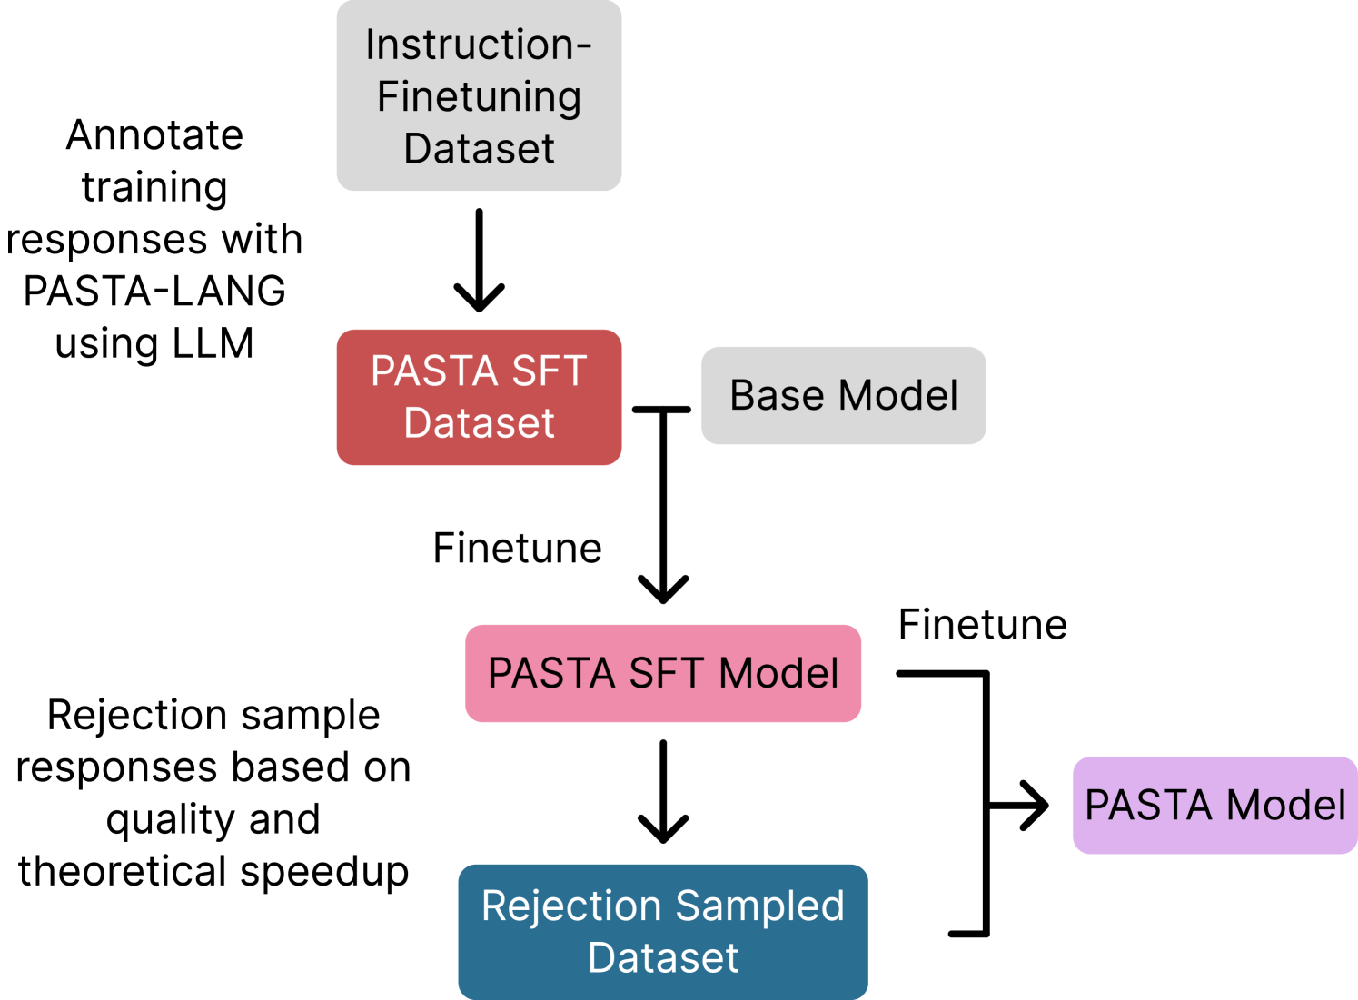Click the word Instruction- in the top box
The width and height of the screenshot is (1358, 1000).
click(479, 45)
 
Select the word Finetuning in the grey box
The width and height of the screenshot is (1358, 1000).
click(479, 97)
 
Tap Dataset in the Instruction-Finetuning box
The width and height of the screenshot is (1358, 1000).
click(479, 149)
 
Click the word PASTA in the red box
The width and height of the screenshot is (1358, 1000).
click(434, 371)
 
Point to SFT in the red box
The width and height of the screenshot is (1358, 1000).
click(550, 371)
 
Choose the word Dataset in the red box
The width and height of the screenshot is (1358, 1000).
click(479, 423)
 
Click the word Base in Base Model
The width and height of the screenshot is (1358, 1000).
click(778, 396)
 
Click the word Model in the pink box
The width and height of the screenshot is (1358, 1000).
click(778, 674)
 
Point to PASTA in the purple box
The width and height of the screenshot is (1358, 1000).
click(1149, 806)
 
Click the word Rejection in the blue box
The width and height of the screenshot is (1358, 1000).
click(571, 906)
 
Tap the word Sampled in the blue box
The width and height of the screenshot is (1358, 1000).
click(759, 906)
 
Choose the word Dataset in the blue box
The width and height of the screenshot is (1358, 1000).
click(663, 958)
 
